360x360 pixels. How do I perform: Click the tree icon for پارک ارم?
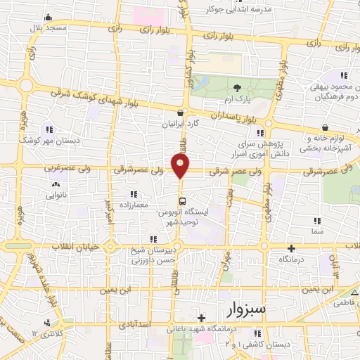(236, 88)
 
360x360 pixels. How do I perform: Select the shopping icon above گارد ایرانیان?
(181, 112)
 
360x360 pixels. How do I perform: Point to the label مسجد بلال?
(46, 27)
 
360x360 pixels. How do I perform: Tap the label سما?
(318, 230)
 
